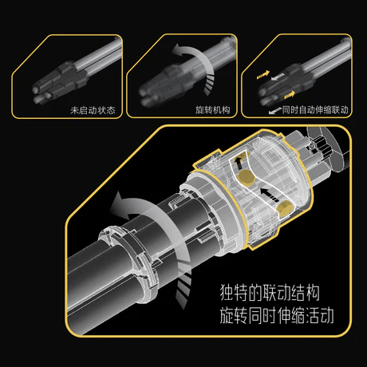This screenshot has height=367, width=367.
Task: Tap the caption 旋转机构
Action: tap(212, 109)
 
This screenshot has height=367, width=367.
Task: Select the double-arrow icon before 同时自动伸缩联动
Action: tap(272, 109)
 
